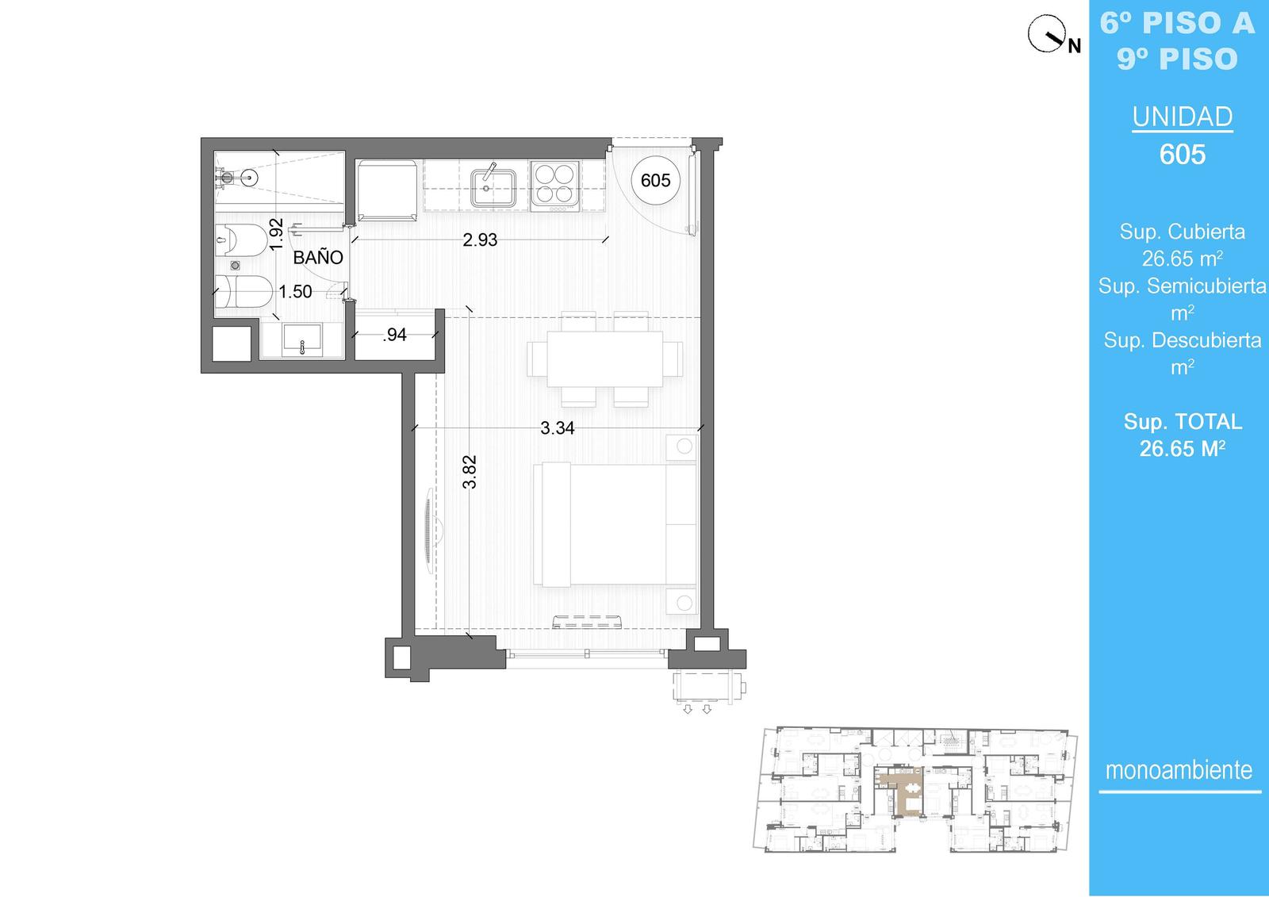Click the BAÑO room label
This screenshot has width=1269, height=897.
tap(318, 258)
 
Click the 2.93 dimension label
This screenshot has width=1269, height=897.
tap(480, 240)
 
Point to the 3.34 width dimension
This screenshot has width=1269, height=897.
tap(557, 428)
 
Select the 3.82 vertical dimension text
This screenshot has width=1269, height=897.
tap(470, 471)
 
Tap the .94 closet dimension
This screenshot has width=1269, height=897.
tap(395, 335)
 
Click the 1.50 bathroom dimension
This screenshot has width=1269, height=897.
tap(295, 292)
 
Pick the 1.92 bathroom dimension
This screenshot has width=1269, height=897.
tap(276, 234)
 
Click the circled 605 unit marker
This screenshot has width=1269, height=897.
tap(655, 180)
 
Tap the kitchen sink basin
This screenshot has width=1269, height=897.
tap(493, 189)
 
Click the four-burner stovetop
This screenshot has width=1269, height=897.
tap(555, 183)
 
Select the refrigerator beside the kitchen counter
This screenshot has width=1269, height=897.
tap(388, 190)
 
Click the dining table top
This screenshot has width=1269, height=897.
tap(604, 358)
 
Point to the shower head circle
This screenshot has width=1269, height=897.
tap(249, 178)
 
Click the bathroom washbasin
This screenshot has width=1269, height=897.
tap(302, 340)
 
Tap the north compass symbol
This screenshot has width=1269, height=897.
tap(1047, 34)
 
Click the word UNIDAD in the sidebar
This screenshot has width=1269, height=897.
tap(1183, 117)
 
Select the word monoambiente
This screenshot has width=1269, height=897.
tap(1179, 770)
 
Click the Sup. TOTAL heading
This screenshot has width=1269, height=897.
tap(1183, 422)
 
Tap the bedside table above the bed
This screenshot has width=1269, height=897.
tap(681, 447)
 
